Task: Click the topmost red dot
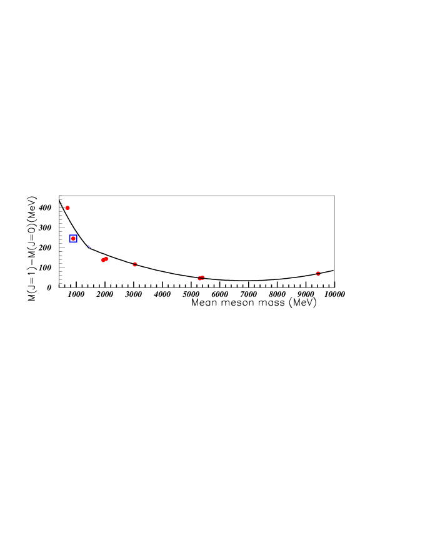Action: point(67,207)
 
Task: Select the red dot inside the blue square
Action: point(73,238)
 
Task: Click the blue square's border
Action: point(69,238)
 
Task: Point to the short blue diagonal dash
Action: point(89,246)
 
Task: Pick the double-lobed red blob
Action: point(104,259)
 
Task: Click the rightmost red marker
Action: point(318,273)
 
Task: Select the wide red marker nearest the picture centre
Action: point(201,277)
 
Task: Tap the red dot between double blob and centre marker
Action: point(135,264)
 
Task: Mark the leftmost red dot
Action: point(67,207)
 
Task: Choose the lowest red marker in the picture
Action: point(201,277)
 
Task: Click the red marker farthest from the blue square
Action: point(318,273)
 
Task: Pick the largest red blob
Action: point(104,259)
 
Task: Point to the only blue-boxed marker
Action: point(73,238)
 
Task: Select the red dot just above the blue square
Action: point(67,207)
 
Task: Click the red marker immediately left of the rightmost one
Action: point(201,277)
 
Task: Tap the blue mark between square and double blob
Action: point(89,246)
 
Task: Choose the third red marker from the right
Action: point(135,264)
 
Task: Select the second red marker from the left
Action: point(73,238)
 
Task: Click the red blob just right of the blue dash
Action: point(104,259)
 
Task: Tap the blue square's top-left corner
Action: point(69,235)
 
